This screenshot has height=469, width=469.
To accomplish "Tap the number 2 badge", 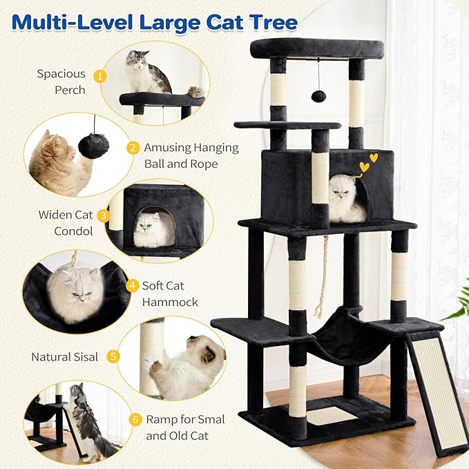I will (133, 147).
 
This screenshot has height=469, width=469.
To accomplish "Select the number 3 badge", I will (103, 215).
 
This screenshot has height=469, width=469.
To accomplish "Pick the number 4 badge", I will (133, 285).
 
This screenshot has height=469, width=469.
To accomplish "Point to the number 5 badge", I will (113, 357).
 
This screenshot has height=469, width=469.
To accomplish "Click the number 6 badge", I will (134, 418).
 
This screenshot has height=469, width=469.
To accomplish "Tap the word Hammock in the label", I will (170, 302).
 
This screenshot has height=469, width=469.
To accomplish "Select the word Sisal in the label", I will (84, 357).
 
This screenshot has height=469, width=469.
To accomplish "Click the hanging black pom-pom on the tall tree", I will (318, 95).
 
